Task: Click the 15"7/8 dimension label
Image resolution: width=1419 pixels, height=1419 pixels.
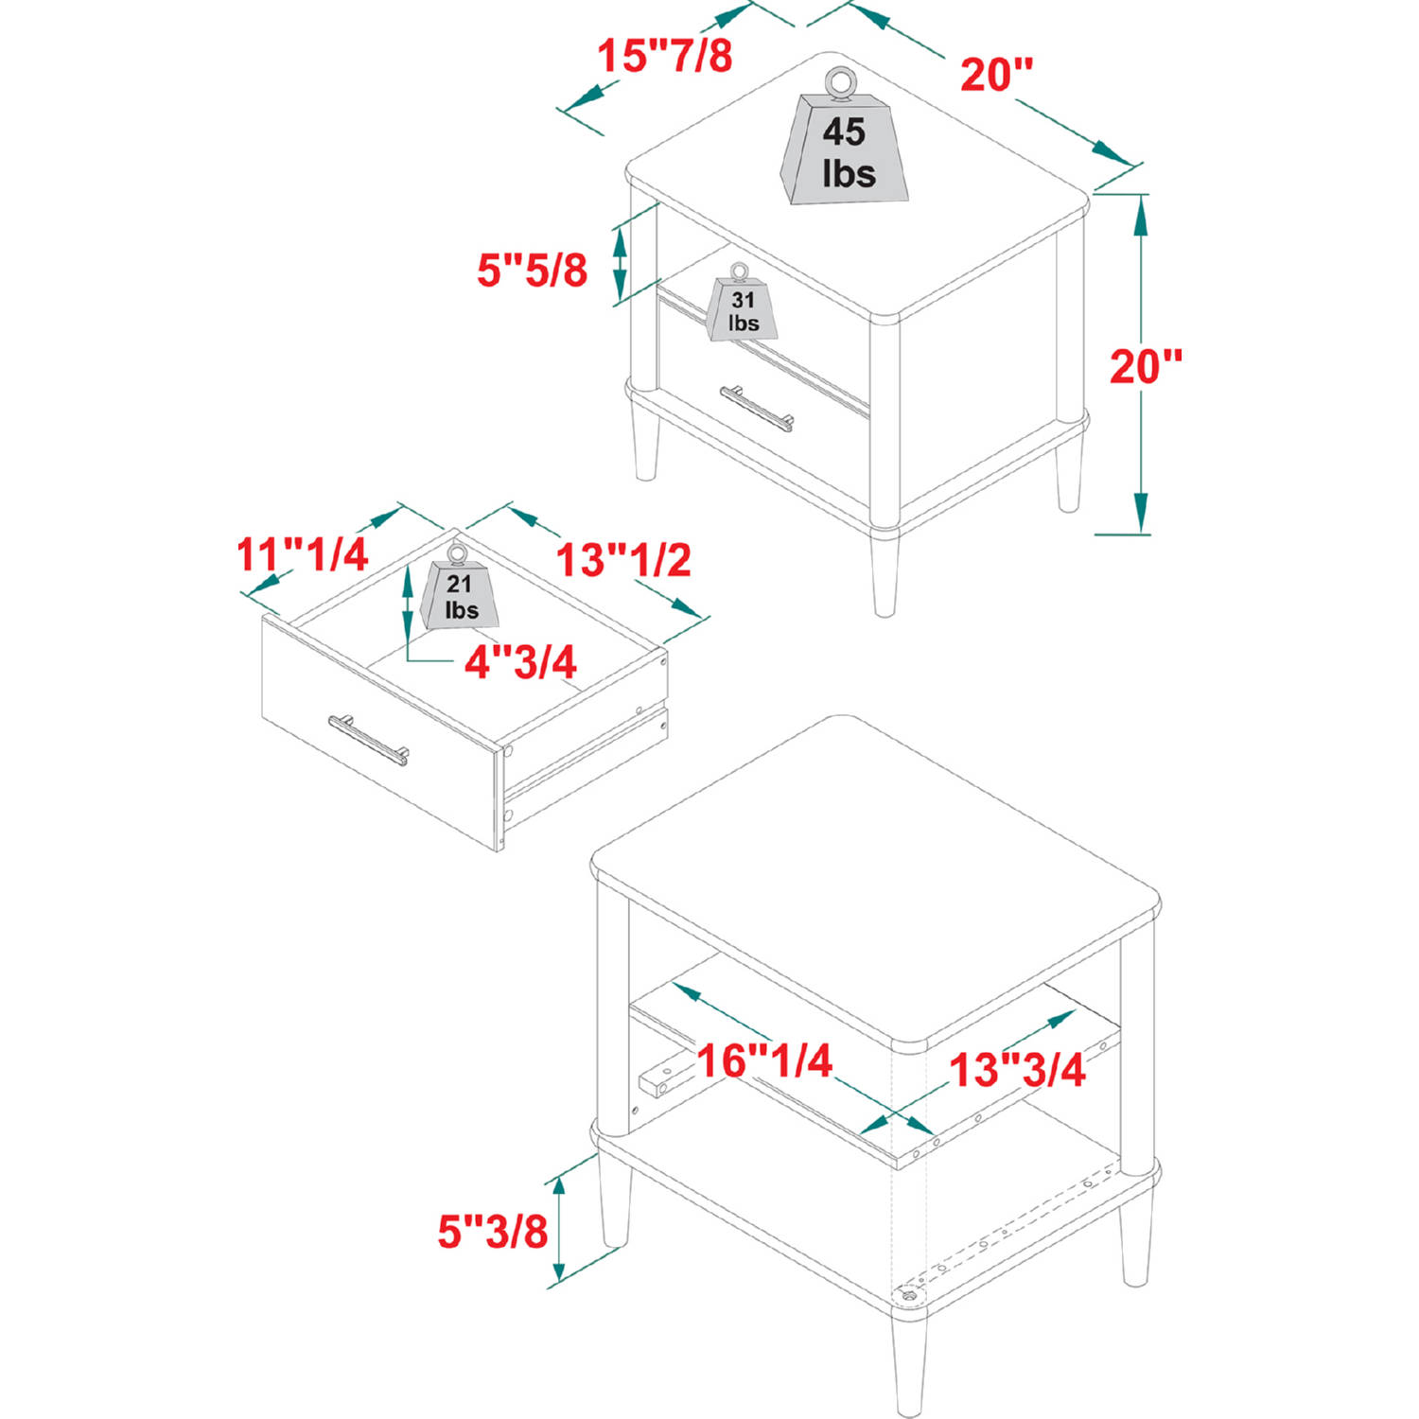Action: (665, 56)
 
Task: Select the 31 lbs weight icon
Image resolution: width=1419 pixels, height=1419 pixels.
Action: (743, 302)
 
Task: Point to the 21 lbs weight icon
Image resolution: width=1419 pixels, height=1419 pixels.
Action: (460, 587)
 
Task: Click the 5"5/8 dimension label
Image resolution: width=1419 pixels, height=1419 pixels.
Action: (532, 270)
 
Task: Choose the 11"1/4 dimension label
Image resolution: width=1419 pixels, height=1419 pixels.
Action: (302, 554)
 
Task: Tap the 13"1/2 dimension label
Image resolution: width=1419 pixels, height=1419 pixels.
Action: (623, 560)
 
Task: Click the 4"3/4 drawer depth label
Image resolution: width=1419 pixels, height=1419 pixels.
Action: (520, 662)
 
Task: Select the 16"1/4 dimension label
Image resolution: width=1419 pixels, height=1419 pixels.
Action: (764, 1060)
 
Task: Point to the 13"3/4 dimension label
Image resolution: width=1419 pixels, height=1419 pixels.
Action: (1017, 1070)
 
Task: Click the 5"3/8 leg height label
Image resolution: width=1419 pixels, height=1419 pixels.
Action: (493, 1231)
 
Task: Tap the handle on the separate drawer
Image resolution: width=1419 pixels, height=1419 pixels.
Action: (369, 740)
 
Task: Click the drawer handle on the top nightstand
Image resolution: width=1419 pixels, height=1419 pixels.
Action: (757, 407)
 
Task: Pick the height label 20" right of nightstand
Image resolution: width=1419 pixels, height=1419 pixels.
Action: (1146, 367)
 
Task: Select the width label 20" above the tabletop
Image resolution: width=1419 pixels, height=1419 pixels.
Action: (997, 75)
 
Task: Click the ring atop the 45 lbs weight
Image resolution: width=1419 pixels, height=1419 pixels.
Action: (839, 83)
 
